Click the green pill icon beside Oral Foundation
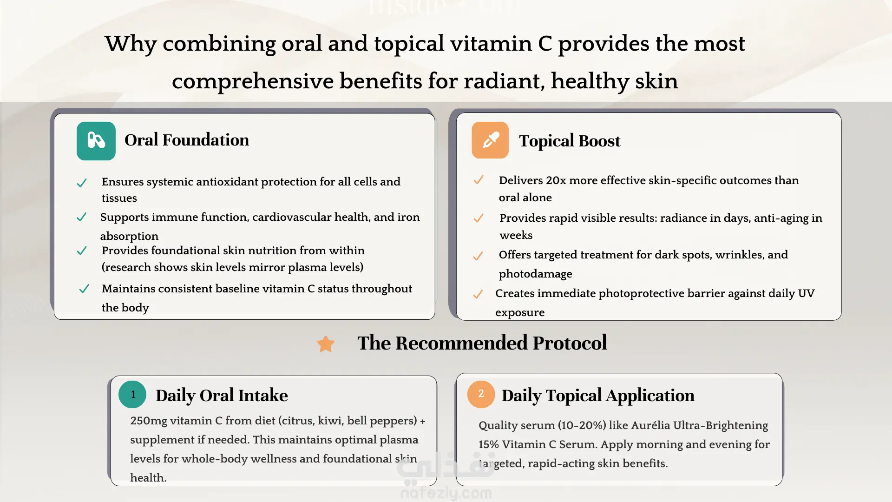[96, 141]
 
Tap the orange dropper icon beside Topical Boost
[490, 140]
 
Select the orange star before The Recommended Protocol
[326, 344]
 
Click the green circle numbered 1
[132, 395]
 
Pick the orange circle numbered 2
[481, 394]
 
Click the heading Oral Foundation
[187, 140]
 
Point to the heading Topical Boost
[570, 141]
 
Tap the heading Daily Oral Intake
[222, 396]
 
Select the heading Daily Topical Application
[598, 396]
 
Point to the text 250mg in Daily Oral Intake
[149, 421]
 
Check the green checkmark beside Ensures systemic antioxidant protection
[82, 183]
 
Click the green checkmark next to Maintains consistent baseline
[84, 289]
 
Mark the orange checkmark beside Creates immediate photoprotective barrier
[478, 294]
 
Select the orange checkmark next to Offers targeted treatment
[478, 256]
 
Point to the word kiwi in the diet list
[330, 421]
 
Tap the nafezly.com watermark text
[446, 493]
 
